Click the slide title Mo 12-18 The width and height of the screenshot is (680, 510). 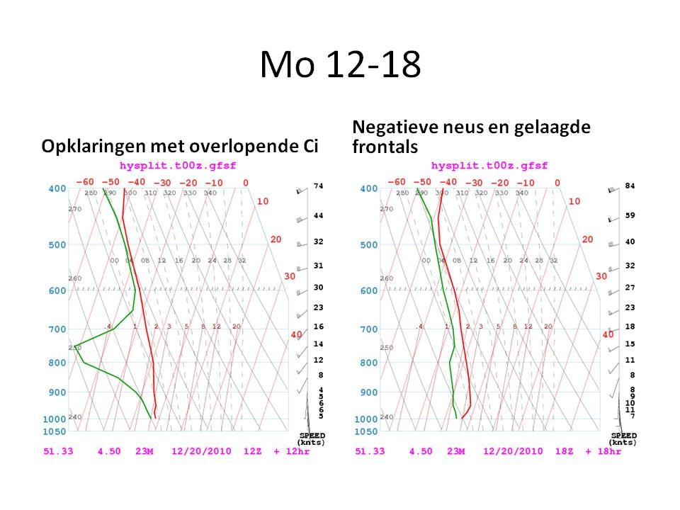[x=340, y=65]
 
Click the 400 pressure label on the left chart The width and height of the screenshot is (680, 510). [x=58, y=188]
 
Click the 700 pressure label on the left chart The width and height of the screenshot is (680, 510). [x=58, y=329]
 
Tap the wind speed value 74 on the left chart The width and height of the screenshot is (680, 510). [x=319, y=186]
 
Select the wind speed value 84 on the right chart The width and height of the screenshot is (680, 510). [x=630, y=186]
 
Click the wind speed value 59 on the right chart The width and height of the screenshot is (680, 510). [x=630, y=215]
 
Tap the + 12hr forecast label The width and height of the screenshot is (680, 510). [x=290, y=451]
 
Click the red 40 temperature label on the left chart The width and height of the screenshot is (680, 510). [x=296, y=335]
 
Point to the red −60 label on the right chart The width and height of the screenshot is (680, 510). [x=397, y=182]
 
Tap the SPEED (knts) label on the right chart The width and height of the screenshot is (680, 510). [x=623, y=438]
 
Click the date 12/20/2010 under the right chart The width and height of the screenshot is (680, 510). [x=513, y=451]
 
